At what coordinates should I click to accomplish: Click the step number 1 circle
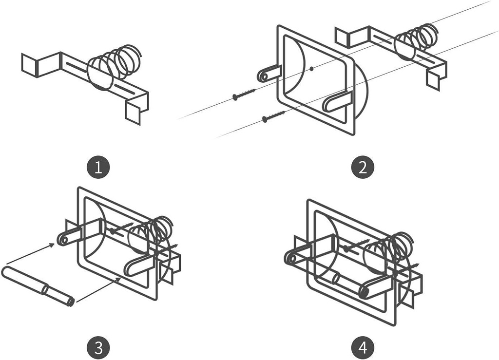[98, 168]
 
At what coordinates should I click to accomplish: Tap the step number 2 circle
[362, 168]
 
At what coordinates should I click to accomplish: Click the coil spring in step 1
[117, 66]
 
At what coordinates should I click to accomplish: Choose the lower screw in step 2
[273, 116]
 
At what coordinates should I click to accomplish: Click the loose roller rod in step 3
[38, 285]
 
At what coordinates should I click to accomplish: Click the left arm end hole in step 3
[64, 239]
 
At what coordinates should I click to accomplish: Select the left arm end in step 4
[291, 258]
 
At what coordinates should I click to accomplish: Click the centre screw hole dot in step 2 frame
[311, 69]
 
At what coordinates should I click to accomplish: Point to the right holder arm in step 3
[138, 265]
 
